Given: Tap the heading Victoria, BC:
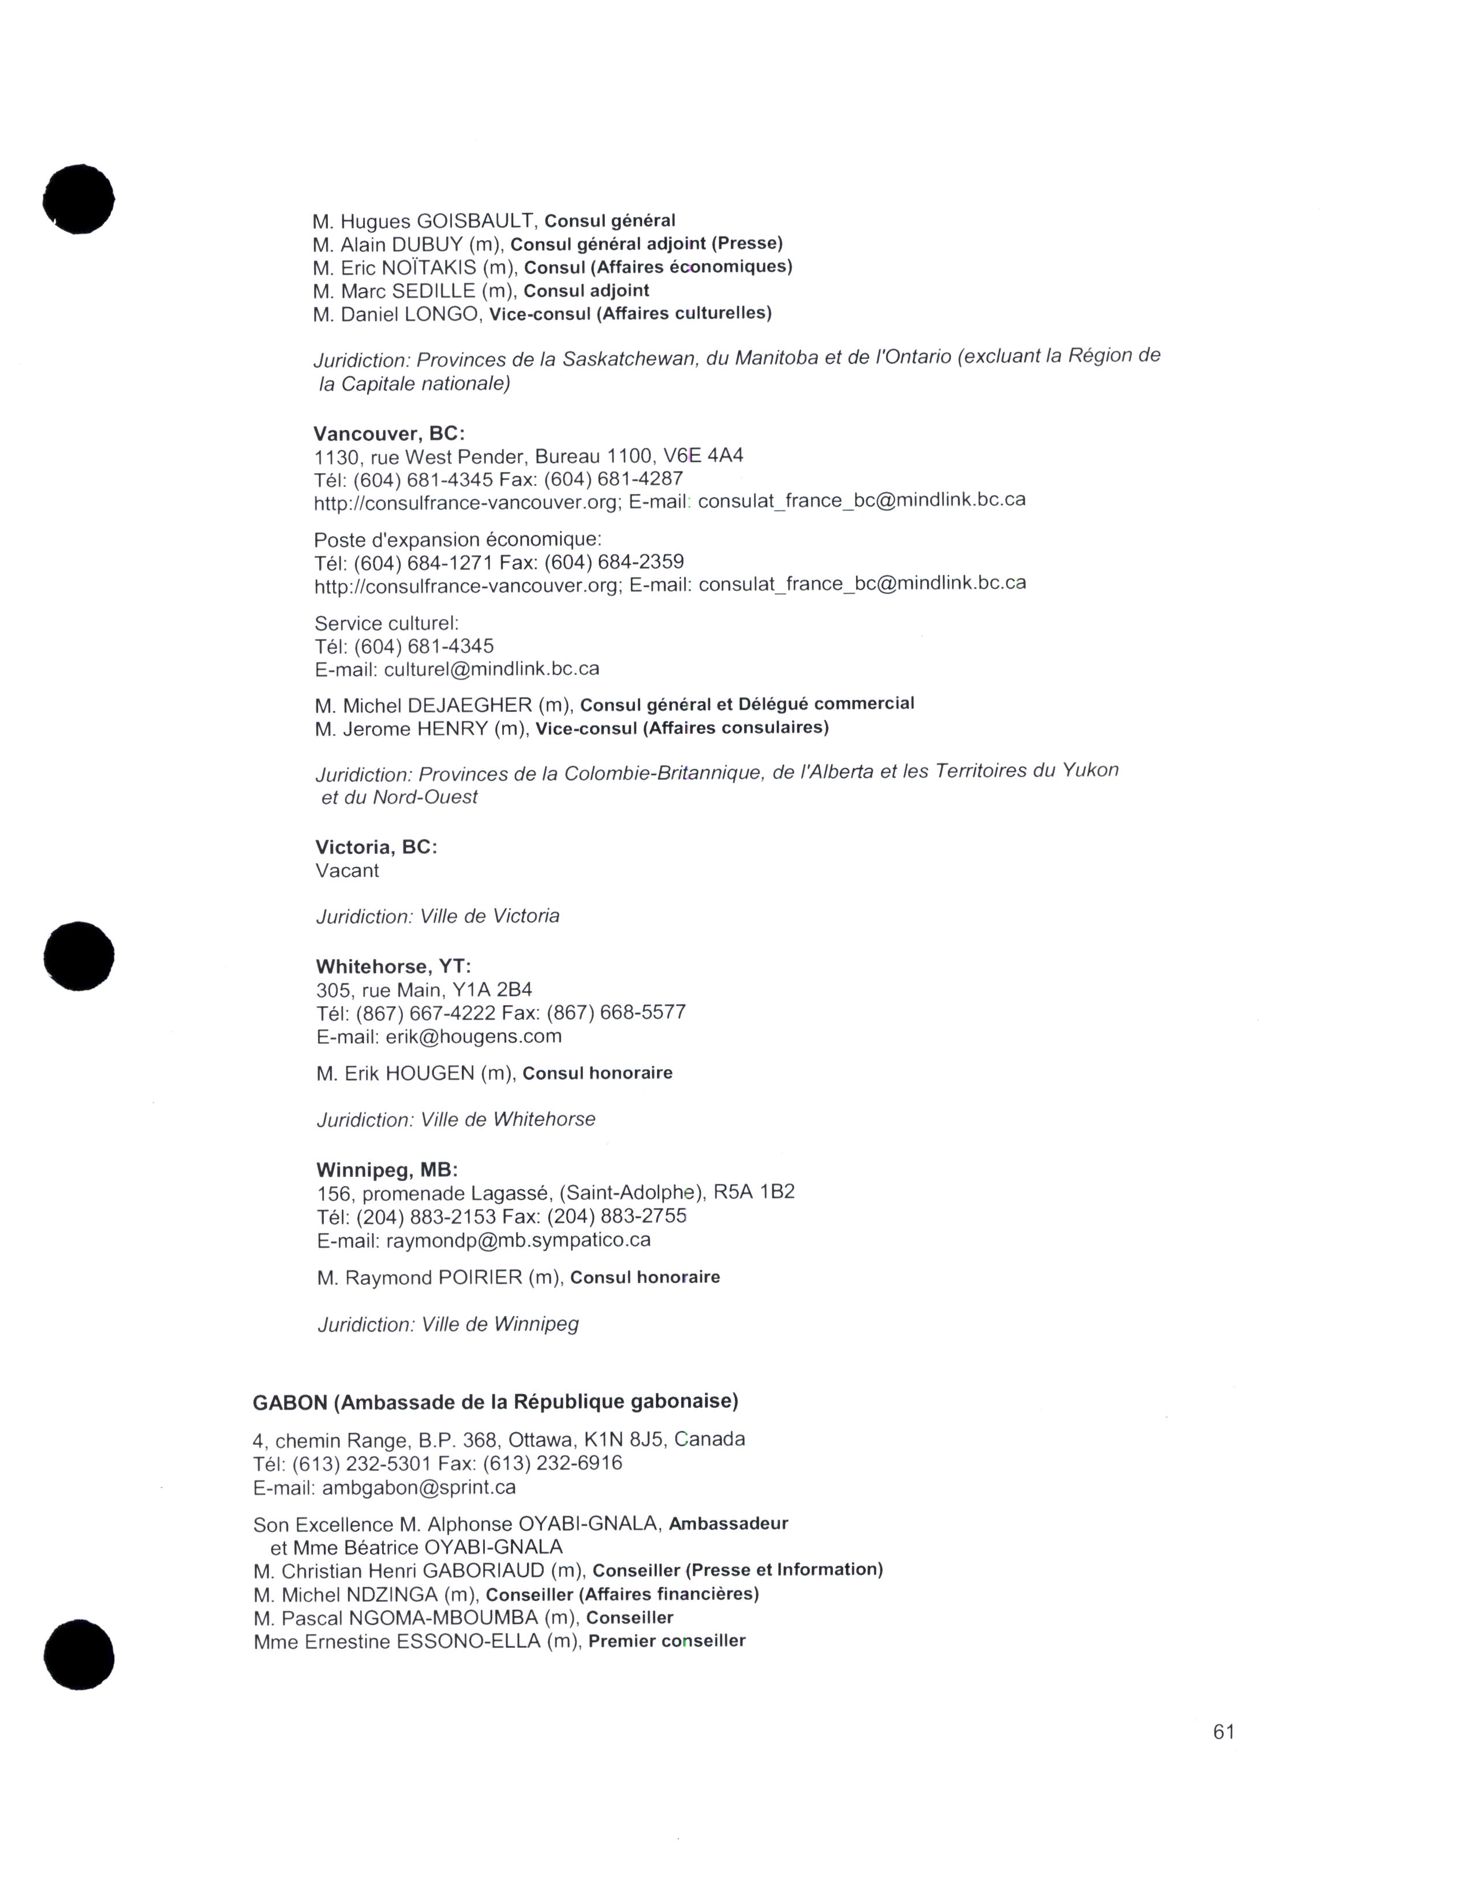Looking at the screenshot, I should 376,848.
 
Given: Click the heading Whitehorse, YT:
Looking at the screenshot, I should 393,967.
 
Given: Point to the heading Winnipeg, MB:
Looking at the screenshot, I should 386,1170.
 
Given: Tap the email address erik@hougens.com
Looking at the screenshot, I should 473,1037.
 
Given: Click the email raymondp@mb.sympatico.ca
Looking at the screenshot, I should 518,1240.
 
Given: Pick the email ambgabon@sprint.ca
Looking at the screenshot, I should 419,1487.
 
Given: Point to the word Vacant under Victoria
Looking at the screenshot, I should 347,871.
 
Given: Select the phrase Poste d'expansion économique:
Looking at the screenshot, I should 458,539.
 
